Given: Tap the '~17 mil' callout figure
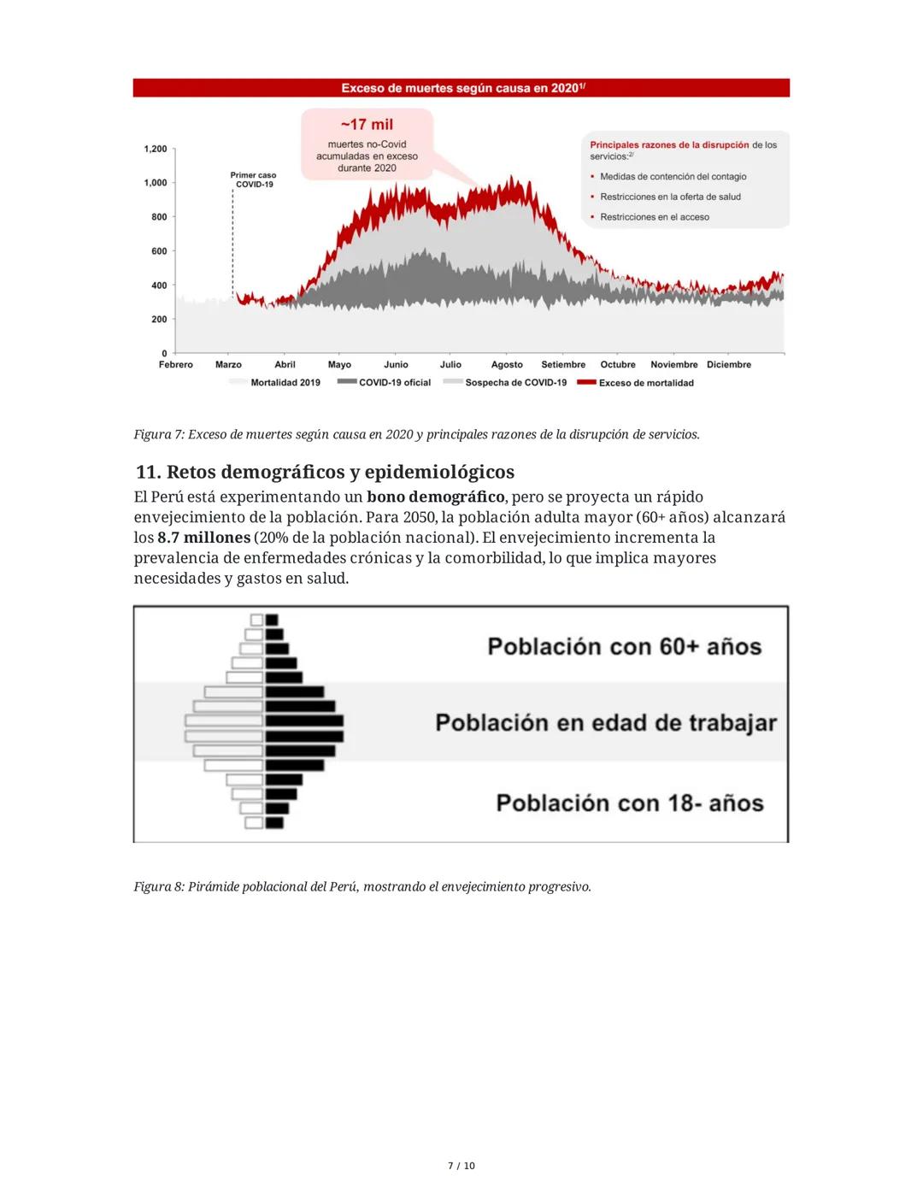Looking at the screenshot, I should click(x=367, y=125).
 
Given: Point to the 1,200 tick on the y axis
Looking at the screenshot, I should click(x=156, y=150).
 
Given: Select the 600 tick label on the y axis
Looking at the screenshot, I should click(x=159, y=251).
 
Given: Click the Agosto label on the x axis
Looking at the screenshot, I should click(x=507, y=365).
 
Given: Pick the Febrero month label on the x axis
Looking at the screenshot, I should click(x=176, y=365).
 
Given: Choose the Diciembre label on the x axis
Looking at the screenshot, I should click(x=729, y=365).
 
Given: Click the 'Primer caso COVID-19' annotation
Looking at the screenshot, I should click(x=253, y=180).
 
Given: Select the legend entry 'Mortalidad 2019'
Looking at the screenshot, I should click(x=285, y=383).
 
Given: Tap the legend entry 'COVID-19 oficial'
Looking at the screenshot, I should click(x=394, y=383).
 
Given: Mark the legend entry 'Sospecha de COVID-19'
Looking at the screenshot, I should click(x=515, y=383).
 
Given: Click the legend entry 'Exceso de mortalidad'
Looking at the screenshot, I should click(x=646, y=383).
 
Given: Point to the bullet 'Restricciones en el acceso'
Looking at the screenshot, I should click(x=655, y=217).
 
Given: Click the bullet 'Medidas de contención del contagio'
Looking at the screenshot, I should click(x=673, y=177).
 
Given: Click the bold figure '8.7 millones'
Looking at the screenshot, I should click(x=203, y=538).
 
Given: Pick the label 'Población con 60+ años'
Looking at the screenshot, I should click(x=624, y=646).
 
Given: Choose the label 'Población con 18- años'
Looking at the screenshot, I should click(x=630, y=803).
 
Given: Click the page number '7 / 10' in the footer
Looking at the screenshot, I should click(x=461, y=1166).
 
